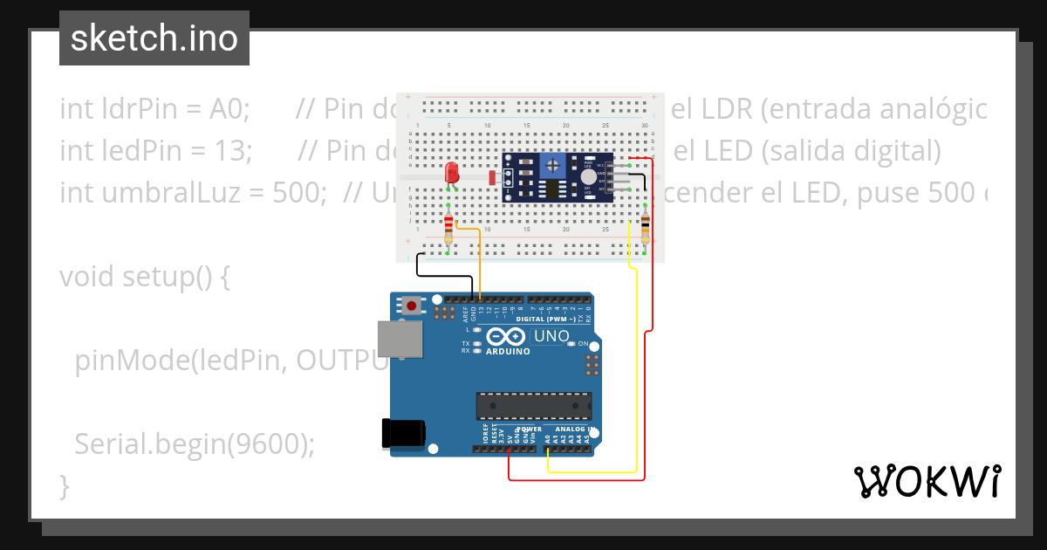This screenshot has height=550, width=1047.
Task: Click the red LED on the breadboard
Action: click(x=451, y=171)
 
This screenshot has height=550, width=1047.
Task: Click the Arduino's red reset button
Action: click(x=411, y=306)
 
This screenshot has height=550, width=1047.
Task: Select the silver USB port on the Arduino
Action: click(x=399, y=340)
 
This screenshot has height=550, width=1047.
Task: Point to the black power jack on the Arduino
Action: click(x=404, y=435)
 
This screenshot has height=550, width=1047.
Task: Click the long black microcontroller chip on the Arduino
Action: click(x=533, y=406)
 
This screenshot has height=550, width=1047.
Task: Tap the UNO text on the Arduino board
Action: click(x=551, y=336)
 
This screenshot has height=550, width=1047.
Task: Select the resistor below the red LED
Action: click(x=448, y=229)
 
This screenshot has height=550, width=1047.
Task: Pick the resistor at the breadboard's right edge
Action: click(x=645, y=229)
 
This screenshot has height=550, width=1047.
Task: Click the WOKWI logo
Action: click(x=927, y=481)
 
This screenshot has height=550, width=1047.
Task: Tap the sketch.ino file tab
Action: click(x=154, y=38)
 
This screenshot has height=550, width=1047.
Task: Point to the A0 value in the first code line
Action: click(x=228, y=110)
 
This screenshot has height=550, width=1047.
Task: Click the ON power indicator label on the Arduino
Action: click(x=585, y=344)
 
